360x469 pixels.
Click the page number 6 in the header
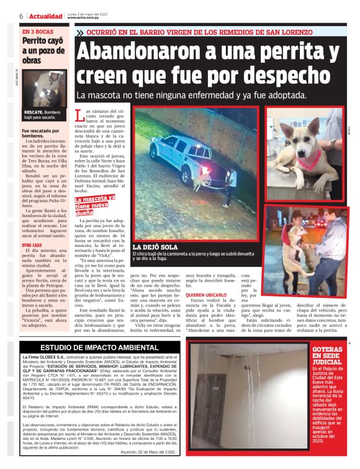[21, 16]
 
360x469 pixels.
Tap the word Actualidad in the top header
[45, 16]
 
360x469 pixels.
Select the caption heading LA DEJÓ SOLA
[155, 246]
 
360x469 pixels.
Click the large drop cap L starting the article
[78, 116]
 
